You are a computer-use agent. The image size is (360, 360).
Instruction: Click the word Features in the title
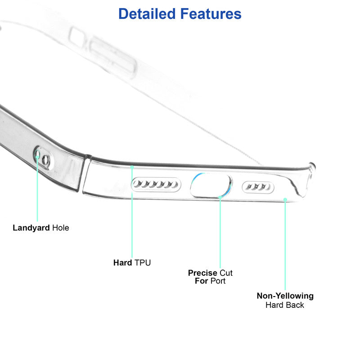[211, 14]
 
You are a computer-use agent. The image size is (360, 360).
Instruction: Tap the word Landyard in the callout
[31, 228]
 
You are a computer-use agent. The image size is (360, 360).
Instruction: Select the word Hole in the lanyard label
[61, 228]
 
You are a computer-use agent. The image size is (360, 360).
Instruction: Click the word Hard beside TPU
[122, 263]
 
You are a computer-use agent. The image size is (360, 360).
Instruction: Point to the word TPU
[143, 263]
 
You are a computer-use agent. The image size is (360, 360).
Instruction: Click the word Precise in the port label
[202, 273]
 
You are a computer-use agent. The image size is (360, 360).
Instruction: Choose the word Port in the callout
[217, 281]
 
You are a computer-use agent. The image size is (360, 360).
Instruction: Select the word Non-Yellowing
[285, 296]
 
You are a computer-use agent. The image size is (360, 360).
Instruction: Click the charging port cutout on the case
[211, 185]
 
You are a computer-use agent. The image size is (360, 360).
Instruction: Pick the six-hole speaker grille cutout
[156, 184]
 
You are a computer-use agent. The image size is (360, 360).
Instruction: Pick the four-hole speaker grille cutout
[258, 186]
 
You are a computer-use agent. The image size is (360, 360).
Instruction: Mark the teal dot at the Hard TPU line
[132, 167]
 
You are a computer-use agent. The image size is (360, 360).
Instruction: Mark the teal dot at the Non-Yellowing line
[285, 198]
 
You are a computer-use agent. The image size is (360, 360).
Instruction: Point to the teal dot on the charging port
[220, 197]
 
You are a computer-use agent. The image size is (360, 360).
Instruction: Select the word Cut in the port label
[226, 273]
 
